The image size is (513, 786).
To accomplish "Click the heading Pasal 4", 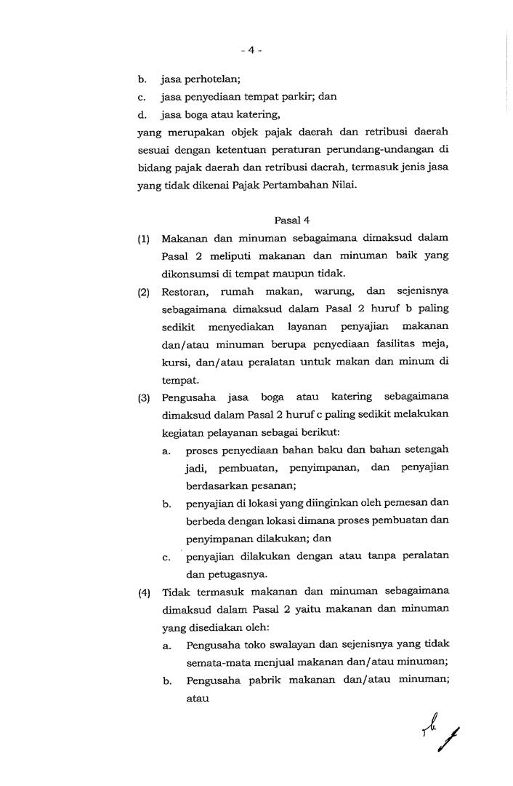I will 294,218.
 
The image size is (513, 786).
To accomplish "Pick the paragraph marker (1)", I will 144,239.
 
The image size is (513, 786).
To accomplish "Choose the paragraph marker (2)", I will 144,293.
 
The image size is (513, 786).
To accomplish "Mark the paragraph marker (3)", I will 144,397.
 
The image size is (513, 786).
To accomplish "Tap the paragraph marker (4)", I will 144,592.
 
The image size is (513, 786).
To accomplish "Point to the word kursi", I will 176,362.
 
